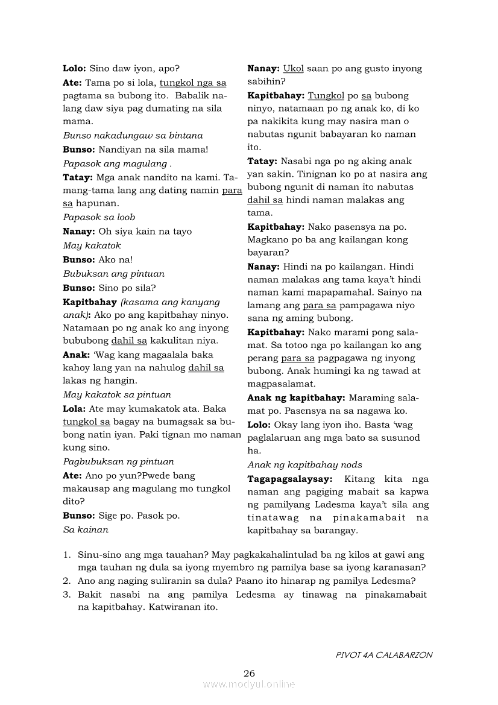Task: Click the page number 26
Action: point(249,674)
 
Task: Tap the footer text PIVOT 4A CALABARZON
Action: point(383,655)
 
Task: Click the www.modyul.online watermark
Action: point(249,684)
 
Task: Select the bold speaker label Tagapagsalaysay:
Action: point(290,479)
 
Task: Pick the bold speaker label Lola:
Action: point(74,408)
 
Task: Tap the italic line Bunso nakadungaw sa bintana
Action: point(133,135)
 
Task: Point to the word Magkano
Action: point(267,240)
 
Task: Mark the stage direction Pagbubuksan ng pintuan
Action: point(118,461)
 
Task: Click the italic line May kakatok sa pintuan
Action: point(117,395)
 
